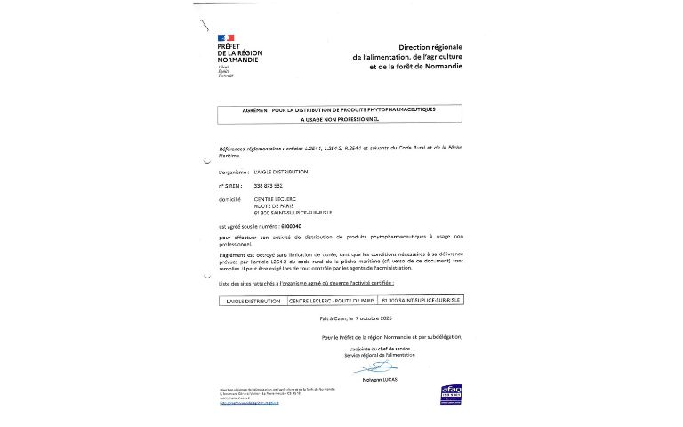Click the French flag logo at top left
click(x=226, y=37)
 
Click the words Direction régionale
click(x=431, y=46)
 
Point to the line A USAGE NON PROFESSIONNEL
click(x=340, y=118)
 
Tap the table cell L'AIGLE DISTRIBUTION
click(x=253, y=302)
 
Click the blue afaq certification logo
click(x=452, y=392)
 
